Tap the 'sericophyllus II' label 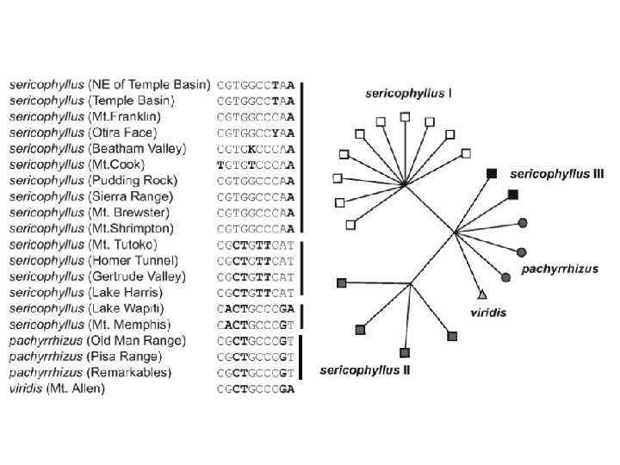click(364, 371)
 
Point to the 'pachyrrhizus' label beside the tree click(560, 269)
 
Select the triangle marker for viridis click(482, 294)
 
